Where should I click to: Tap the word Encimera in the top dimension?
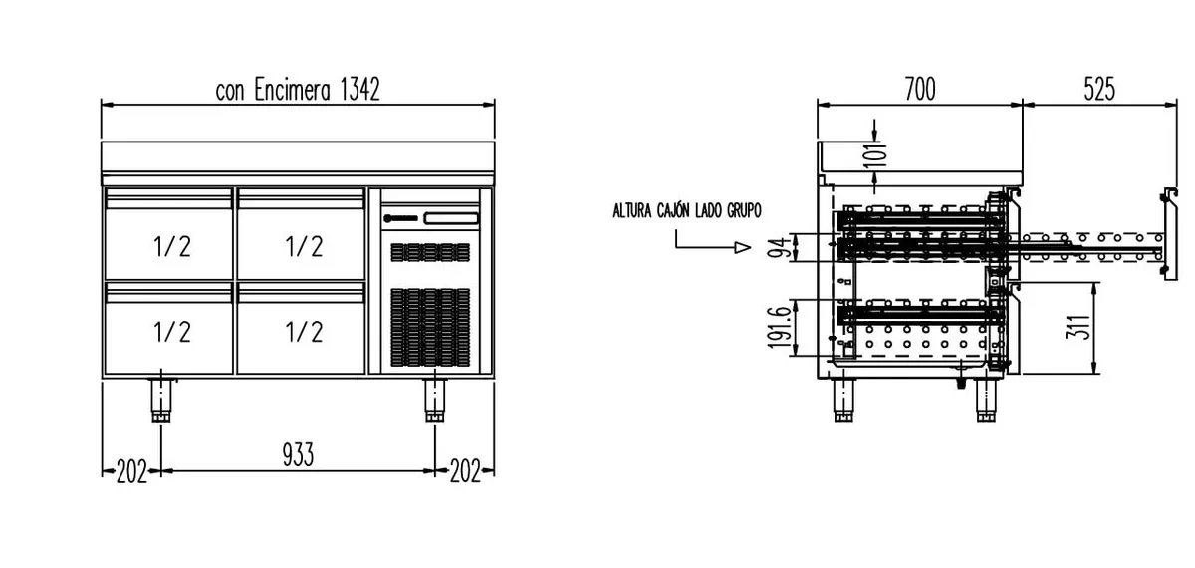point(292,89)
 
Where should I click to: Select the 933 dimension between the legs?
point(298,454)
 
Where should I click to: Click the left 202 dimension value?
point(131,472)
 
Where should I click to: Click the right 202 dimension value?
point(465,472)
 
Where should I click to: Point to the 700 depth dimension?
point(920,89)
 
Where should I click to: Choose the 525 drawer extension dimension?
point(1099,89)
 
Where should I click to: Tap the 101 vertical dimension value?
point(877,155)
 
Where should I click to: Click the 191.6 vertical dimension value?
point(778,327)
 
